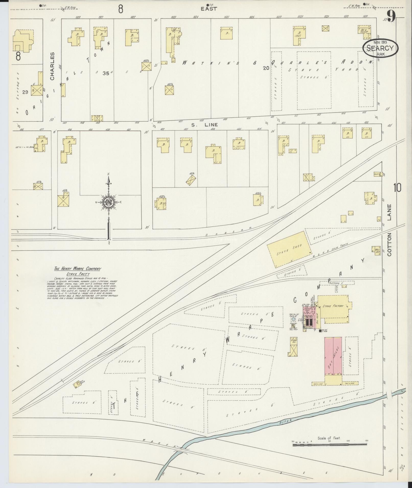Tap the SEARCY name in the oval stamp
click(380, 48)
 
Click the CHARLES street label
click(53, 66)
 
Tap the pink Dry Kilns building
click(333, 356)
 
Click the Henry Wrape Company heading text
click(78, 269)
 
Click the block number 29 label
click(25, 92)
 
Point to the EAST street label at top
click(209, 9)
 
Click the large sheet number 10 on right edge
click(397, 188)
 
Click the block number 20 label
click(266, 68)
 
